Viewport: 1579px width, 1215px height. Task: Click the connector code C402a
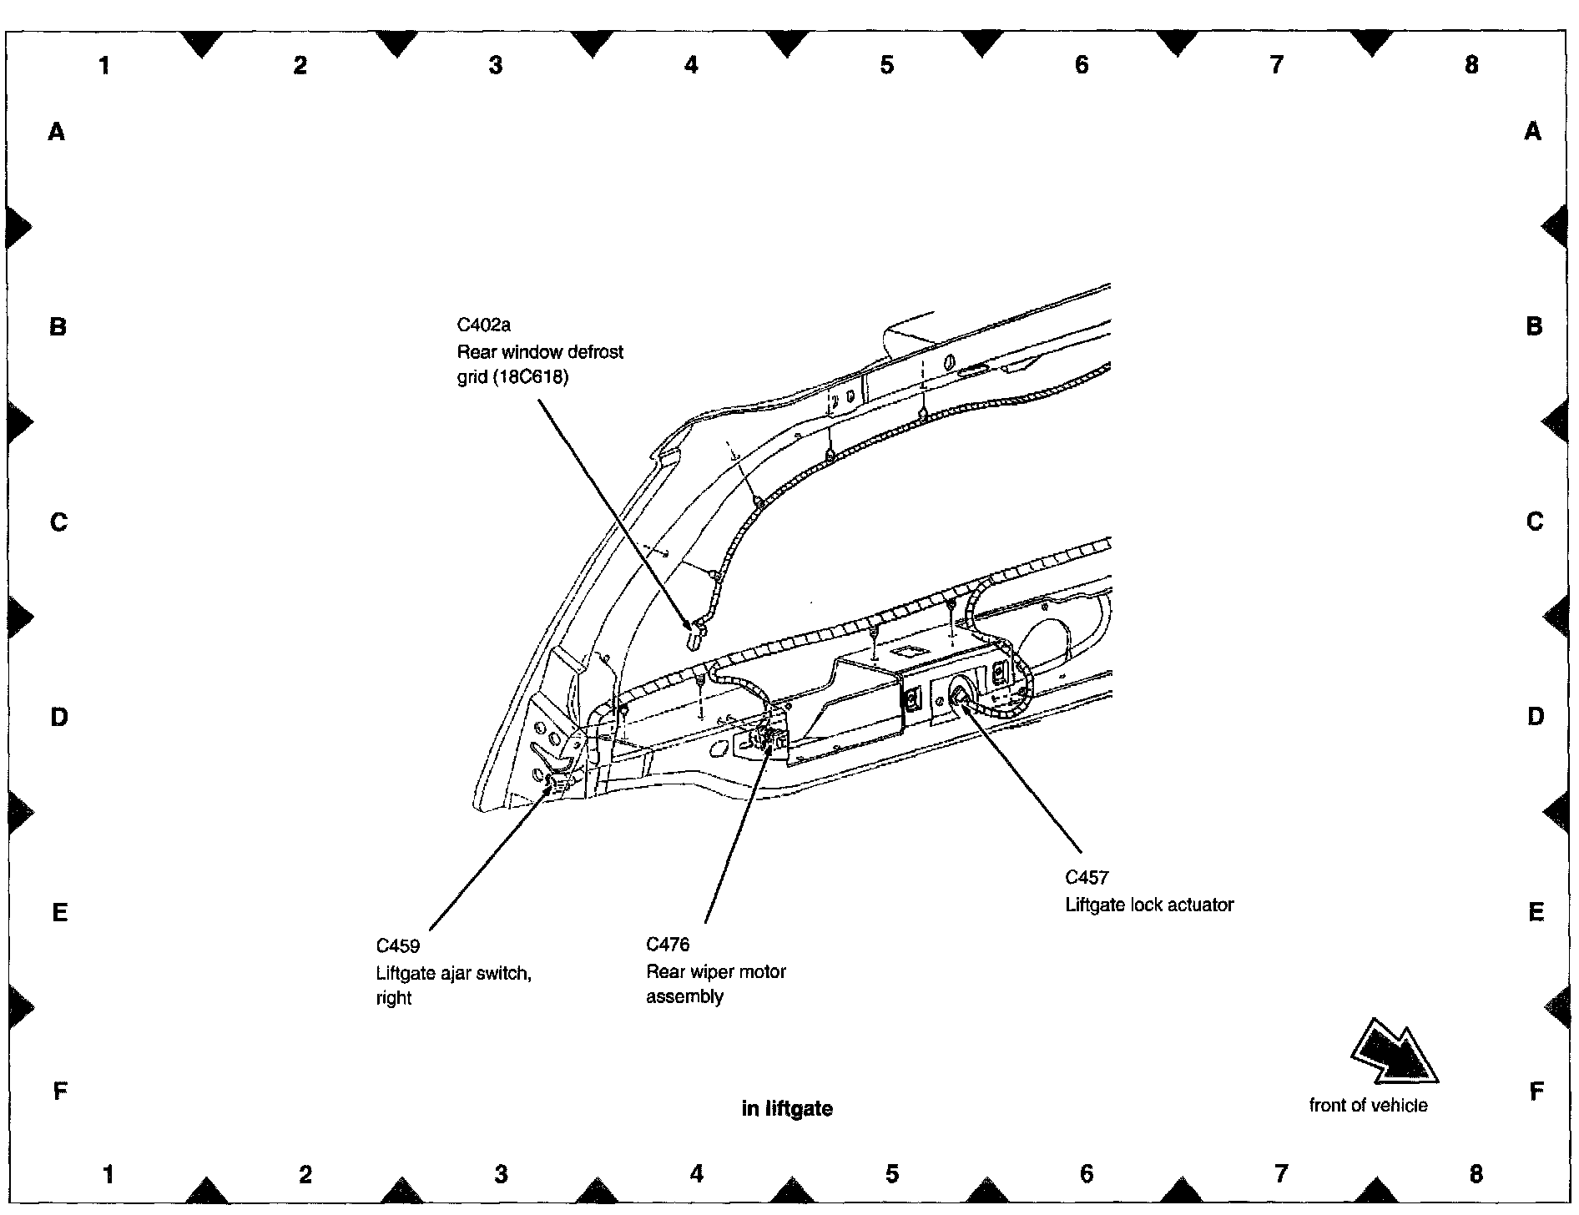coord(484,325)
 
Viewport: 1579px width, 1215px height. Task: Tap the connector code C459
coord(398,946)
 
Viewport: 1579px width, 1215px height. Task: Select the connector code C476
coord(668,945)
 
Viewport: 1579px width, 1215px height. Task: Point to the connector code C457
coord(1087,877)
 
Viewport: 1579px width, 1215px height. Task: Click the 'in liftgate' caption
coord(787,1108)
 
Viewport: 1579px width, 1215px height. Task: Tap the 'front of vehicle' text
coord(1369,1105)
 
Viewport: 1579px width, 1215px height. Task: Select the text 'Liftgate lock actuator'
coord(1149,905)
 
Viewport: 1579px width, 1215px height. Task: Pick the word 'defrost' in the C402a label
coord(595,352)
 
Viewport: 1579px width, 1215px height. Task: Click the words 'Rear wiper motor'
coord(716,971)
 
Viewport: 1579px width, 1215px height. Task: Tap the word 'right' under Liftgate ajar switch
coord(394,998)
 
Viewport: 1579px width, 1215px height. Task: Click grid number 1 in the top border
coord(104,65)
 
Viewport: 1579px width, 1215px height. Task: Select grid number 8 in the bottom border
coord(1476,1174)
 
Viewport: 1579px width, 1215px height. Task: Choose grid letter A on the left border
coord(57,131)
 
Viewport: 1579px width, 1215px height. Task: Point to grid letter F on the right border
coord(1536,1091)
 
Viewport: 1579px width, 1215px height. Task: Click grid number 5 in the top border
coord(886,65)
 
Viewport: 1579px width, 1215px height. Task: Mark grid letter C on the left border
coord(58,522)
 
